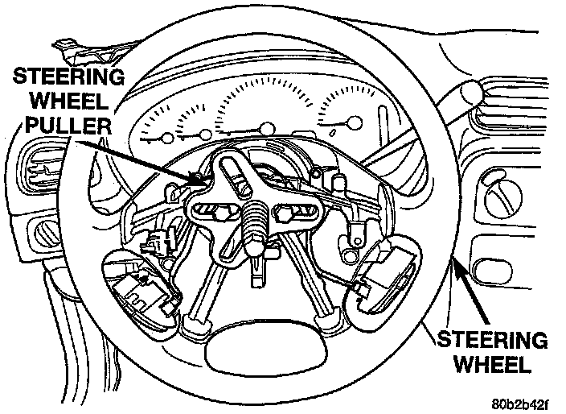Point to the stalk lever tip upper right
coord(473,91)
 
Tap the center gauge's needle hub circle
coord(265,126)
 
